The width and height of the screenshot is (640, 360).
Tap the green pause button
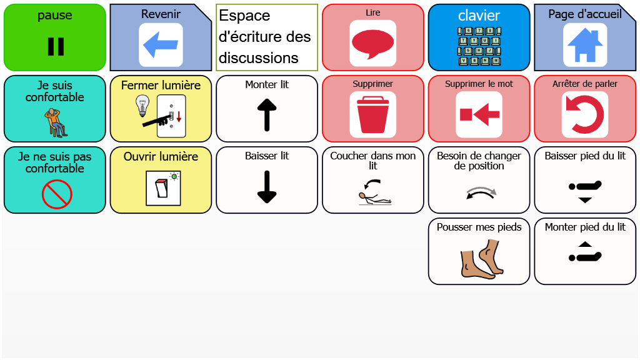[x=55, y=37]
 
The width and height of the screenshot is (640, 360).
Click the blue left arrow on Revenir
[x=161, y=45]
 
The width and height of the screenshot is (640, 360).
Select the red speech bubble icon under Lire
[x=372, y=43]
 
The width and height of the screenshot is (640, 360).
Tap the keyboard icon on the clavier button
[x=479, y=46]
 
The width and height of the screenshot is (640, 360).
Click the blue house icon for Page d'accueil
[x=585, y=45]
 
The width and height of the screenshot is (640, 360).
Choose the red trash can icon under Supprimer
[x=372, y=114]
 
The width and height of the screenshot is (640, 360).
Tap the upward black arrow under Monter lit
[x=267, y=115]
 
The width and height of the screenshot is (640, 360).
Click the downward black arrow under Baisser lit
[x=267, y=186]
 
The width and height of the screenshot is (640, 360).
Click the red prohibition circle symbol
[x=57, y=194]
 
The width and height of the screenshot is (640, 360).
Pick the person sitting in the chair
[x=56, y=122]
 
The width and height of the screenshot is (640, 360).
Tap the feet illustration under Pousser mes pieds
[x=482, y=259]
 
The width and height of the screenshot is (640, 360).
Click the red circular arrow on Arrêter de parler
[x=585, y=114]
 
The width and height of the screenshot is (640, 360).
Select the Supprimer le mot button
[x=479, y=109]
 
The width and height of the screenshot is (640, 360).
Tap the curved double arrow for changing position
[x=481, y=192]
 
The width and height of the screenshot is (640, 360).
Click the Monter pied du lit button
[x=585, y=251]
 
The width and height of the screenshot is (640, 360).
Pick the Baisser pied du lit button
[x=585, y=180]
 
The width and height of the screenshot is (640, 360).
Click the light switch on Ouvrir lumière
[x=162, y=187]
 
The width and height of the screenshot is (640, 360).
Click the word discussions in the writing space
[x=258, y=58]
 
